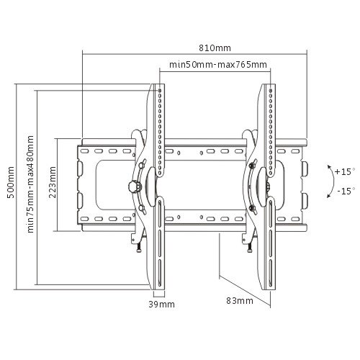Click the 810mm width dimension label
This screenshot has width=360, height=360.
coord(215,48)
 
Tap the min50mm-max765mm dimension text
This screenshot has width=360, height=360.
coord(218,65)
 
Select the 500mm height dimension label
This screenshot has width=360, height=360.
coord(11,182)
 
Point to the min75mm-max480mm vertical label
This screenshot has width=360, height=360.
coord(30,184)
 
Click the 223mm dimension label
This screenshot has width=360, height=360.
coord(53,182)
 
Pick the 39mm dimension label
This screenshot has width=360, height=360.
coord(161,305)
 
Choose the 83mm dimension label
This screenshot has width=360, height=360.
coord(240,301)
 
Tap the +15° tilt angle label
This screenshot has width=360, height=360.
coord(345,172)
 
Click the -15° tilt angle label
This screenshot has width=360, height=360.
coord(346,192)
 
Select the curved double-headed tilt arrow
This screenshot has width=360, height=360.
coord(333,181)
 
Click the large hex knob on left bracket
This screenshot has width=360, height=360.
coord(135,186)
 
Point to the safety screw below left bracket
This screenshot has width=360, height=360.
coord(138,247)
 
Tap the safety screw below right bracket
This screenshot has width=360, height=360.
coord(249,247)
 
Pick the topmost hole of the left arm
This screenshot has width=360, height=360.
coord(160,91)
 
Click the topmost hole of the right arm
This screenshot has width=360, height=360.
coord(271,91)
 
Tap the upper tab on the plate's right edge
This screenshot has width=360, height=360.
coord(305,169)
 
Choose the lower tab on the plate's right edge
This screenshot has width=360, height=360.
coord(305,201)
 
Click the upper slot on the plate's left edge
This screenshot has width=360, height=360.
coord(81,169)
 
